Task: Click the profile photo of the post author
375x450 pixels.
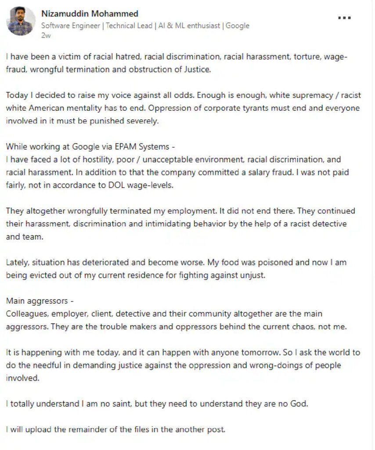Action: [21, 21]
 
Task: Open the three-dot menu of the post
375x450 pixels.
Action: [344, 18]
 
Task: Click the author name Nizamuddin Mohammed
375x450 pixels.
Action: [90, 14]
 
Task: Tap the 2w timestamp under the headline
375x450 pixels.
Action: [46, 36]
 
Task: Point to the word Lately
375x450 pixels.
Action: [16, 262]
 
